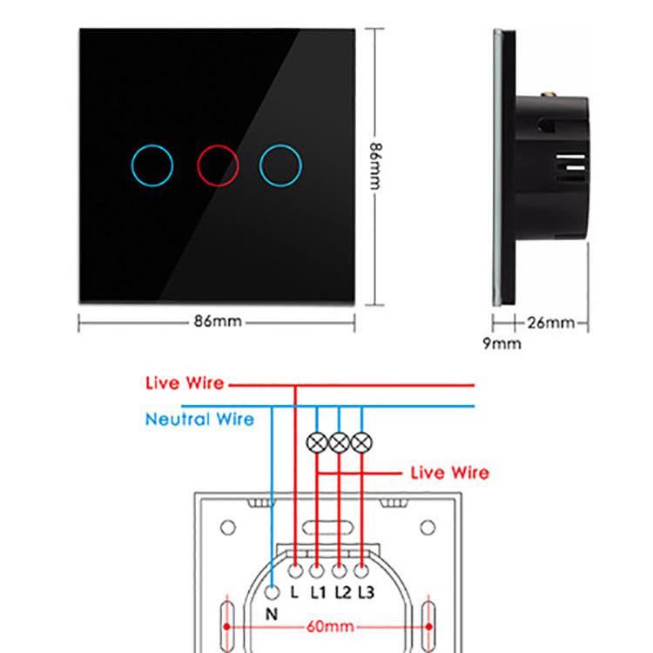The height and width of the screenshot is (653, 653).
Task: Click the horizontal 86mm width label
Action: click(218, 321)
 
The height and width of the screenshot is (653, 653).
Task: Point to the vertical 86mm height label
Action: click(375, 166)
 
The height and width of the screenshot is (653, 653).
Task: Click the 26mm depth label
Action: click(551, 322)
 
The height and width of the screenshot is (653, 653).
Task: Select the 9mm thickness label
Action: click(502, 344)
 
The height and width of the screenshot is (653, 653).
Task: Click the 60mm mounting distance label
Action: click(330, 626)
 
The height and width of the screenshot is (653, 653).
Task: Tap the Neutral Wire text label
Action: click(199, 419)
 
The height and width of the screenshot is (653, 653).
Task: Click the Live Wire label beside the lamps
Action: click(450, 473)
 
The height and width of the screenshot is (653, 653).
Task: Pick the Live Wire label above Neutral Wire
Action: click(185, 383)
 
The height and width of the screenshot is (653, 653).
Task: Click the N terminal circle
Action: click(272, 592)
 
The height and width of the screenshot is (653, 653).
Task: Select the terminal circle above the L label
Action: click(295, 571)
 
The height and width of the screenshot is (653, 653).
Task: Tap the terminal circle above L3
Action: click(361, 571)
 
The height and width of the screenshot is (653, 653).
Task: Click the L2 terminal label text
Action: click(343, 592)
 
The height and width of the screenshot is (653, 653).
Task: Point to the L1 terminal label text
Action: click(319, 592)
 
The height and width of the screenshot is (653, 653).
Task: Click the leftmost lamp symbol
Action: click(317, 442)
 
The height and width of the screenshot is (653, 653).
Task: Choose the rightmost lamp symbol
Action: click(361, 442)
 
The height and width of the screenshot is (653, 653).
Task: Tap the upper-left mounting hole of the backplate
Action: click(228, 528)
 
